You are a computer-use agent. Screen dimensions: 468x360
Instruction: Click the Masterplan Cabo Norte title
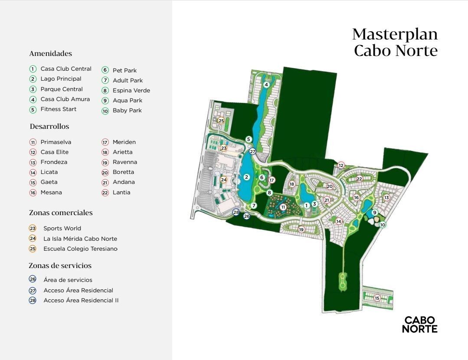click(x=395, y=43)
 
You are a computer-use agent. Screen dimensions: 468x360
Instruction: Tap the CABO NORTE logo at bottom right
click(x=420, y=324)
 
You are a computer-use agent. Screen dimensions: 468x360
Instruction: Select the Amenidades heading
click(x=50, y=54)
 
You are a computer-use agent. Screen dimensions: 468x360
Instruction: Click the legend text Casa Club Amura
click(x=65, y=99)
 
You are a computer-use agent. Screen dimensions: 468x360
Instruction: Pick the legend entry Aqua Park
click(x=128, y=101)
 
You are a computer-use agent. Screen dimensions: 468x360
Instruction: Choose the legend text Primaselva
click(x=56, y=142)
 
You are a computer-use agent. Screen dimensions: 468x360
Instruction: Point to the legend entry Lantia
click(x=121, y=193)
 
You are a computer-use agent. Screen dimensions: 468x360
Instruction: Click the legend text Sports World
click(x=62, y=228)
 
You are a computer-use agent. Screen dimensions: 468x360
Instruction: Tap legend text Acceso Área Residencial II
click(x=81, y=300)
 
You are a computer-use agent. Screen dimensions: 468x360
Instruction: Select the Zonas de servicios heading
click(x=60, y=266)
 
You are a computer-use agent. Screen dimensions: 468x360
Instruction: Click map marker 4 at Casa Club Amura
click(x=266, y=85)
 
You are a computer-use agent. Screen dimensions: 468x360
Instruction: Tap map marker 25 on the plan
click(x=221, y=121)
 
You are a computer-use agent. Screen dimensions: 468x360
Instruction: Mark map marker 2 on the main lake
click(x=246, y=177)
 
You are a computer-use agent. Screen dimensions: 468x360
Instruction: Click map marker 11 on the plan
click(x=283, y=207)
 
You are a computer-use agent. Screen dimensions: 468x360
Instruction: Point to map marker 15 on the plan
click(x=377, y=298)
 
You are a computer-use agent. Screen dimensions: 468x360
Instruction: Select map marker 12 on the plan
click(x=341, y=165)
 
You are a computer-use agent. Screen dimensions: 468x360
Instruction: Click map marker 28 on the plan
click(x=236, y=212)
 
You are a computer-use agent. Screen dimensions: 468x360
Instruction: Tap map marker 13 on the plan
click(x=386, y=198)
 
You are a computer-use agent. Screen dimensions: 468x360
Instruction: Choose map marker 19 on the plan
click(x=301, y=229)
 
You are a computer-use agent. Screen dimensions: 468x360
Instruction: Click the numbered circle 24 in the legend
click(x=33, y=239)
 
